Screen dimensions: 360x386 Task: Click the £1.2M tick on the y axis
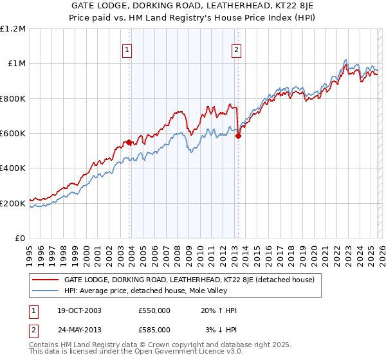tap(13, 29)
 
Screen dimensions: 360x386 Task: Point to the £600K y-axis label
tap(13, 134)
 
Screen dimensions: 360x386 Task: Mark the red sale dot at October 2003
tap(129, 142)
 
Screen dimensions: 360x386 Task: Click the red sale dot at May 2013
tap(238, 136)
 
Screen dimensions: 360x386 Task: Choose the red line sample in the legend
tap(46, 280)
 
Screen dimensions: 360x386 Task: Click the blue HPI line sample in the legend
tap(46, 291)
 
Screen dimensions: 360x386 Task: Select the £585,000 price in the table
tap(154, 329)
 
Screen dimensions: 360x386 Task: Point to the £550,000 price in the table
tap(154, 310)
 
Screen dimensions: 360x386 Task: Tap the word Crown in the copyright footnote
tap(149, 345)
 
